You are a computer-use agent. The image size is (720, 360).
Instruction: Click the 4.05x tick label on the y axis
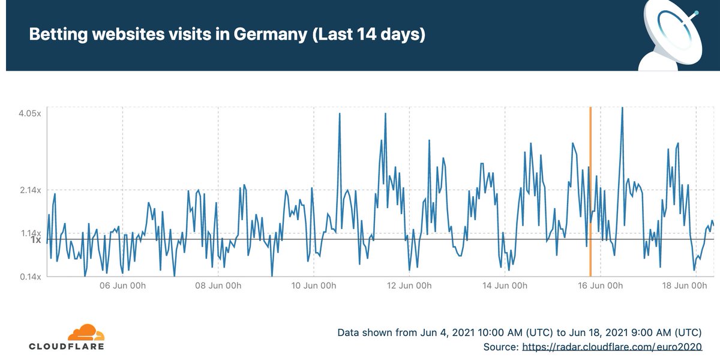click(x=28, y=113)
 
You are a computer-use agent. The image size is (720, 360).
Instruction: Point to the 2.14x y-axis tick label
click(x=28, y=190)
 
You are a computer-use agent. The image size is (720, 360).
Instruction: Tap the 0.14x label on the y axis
click(x=28, y=277)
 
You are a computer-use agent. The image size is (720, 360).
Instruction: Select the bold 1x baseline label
click(x=35, y=240)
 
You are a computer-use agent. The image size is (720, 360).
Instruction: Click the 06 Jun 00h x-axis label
click(x=122, y=286)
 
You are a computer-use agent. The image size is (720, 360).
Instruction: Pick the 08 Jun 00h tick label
click(x=218, y=286)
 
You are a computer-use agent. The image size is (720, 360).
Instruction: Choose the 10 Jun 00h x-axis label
click(x=313, y=286)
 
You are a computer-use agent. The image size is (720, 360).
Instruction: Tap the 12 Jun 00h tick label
click(x=409, y=286)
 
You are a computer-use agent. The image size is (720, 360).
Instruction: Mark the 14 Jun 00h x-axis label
click(x=504, y=286)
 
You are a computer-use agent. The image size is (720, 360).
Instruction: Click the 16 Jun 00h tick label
click(x=599, y=286)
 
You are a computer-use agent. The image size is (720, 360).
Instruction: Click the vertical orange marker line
click(x=590, y=192)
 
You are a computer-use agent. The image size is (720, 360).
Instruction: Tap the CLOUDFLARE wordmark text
click(x=67, y=347)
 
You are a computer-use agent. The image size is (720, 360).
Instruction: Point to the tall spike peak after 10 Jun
click(x=340, y=114)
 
